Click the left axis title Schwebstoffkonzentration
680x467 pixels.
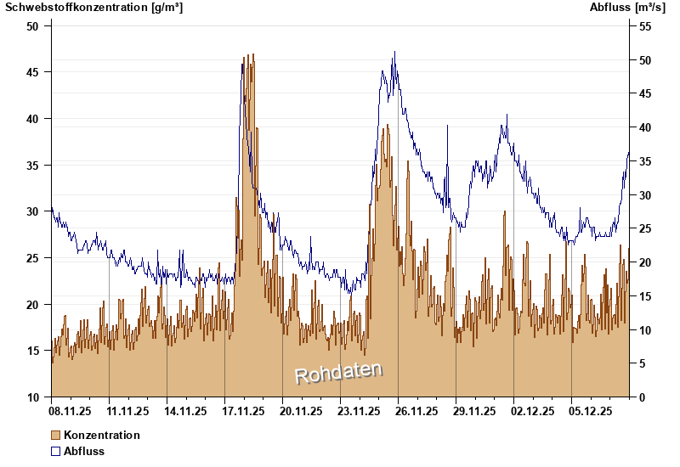coord(93,8)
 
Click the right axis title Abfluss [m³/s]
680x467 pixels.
coord(627,8)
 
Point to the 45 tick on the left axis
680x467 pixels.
coord(33,72)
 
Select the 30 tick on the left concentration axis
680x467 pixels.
coord(33,211)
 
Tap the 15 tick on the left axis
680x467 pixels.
coord(33,351)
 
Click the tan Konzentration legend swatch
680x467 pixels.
coord(56,435)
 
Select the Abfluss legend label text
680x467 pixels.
coord(84,451)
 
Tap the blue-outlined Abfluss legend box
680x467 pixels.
coord(56,451)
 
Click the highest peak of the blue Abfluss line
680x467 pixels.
coord(394,52)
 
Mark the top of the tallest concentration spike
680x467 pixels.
coord(253,55)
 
